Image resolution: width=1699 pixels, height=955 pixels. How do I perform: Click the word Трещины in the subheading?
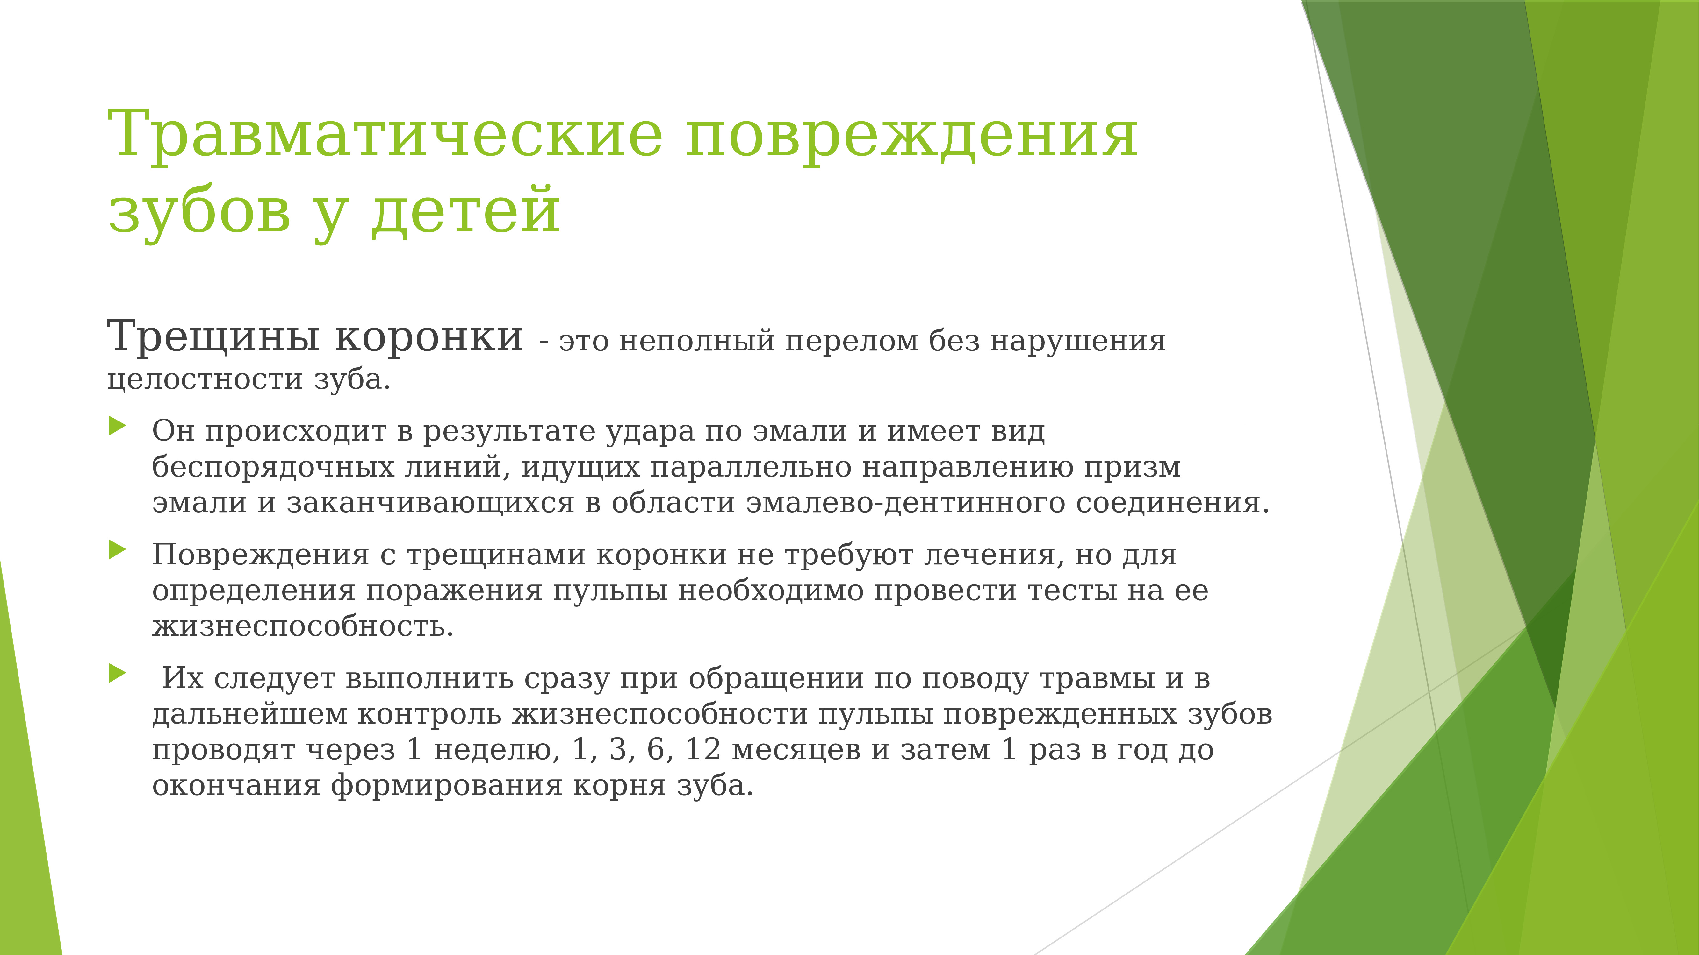pyautogui.click(x=213, y=337)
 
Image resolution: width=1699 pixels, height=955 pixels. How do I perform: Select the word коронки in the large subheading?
pyautogui.click(x=429, y=337)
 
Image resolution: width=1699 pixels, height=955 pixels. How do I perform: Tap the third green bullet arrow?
pyautogui.click(x=118, y=673)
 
